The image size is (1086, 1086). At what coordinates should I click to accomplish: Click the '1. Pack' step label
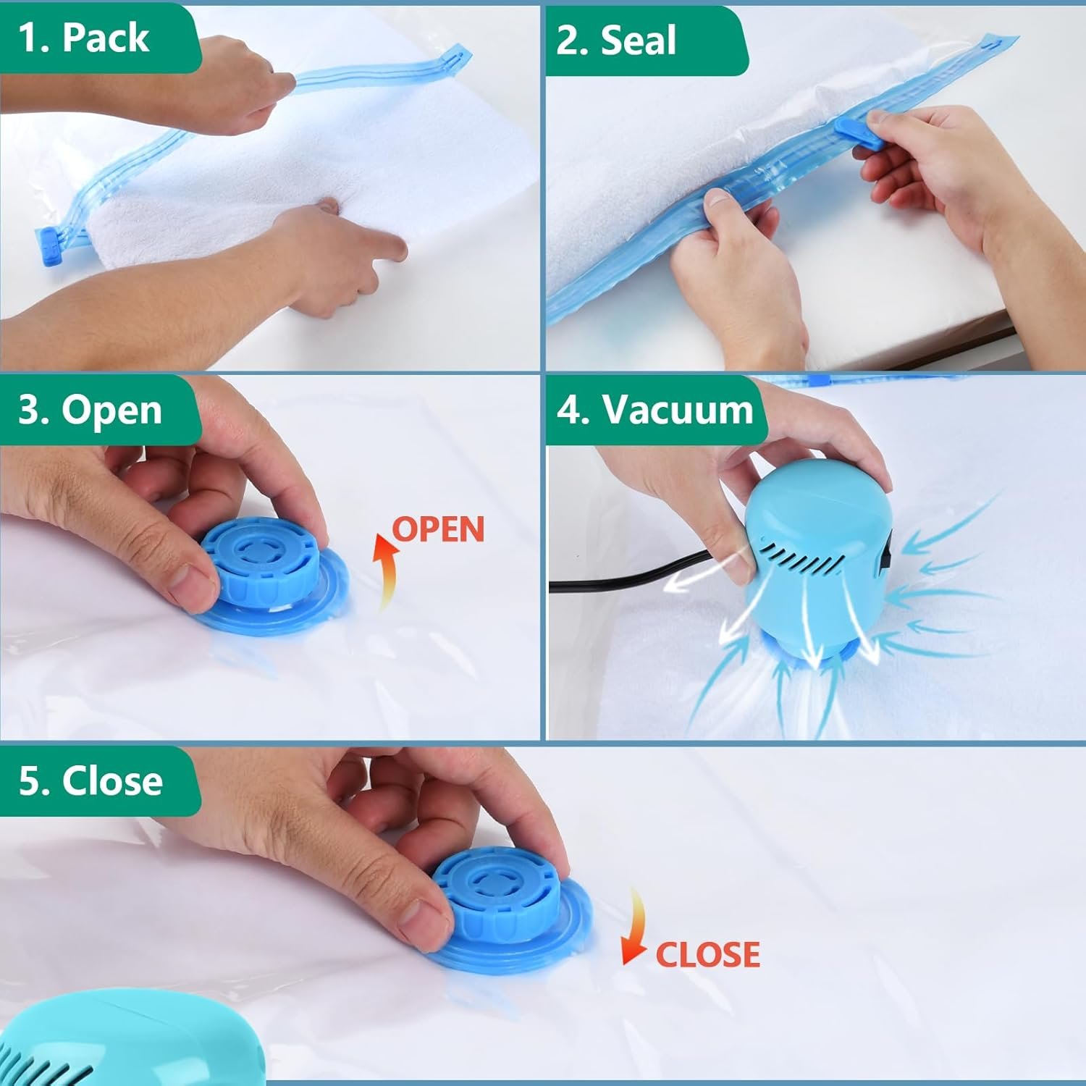coord(84,38)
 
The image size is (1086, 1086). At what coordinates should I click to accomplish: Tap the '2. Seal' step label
coord(616,41)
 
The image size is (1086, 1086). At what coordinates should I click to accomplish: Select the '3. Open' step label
coord(90,410)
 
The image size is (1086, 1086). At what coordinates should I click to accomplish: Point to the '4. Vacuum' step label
coord(655,410)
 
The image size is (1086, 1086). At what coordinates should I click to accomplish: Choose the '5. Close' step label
coord(90,780)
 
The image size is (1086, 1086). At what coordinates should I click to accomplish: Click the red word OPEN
coord(439,529)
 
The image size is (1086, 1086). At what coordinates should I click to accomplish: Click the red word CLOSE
coord(707,954)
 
